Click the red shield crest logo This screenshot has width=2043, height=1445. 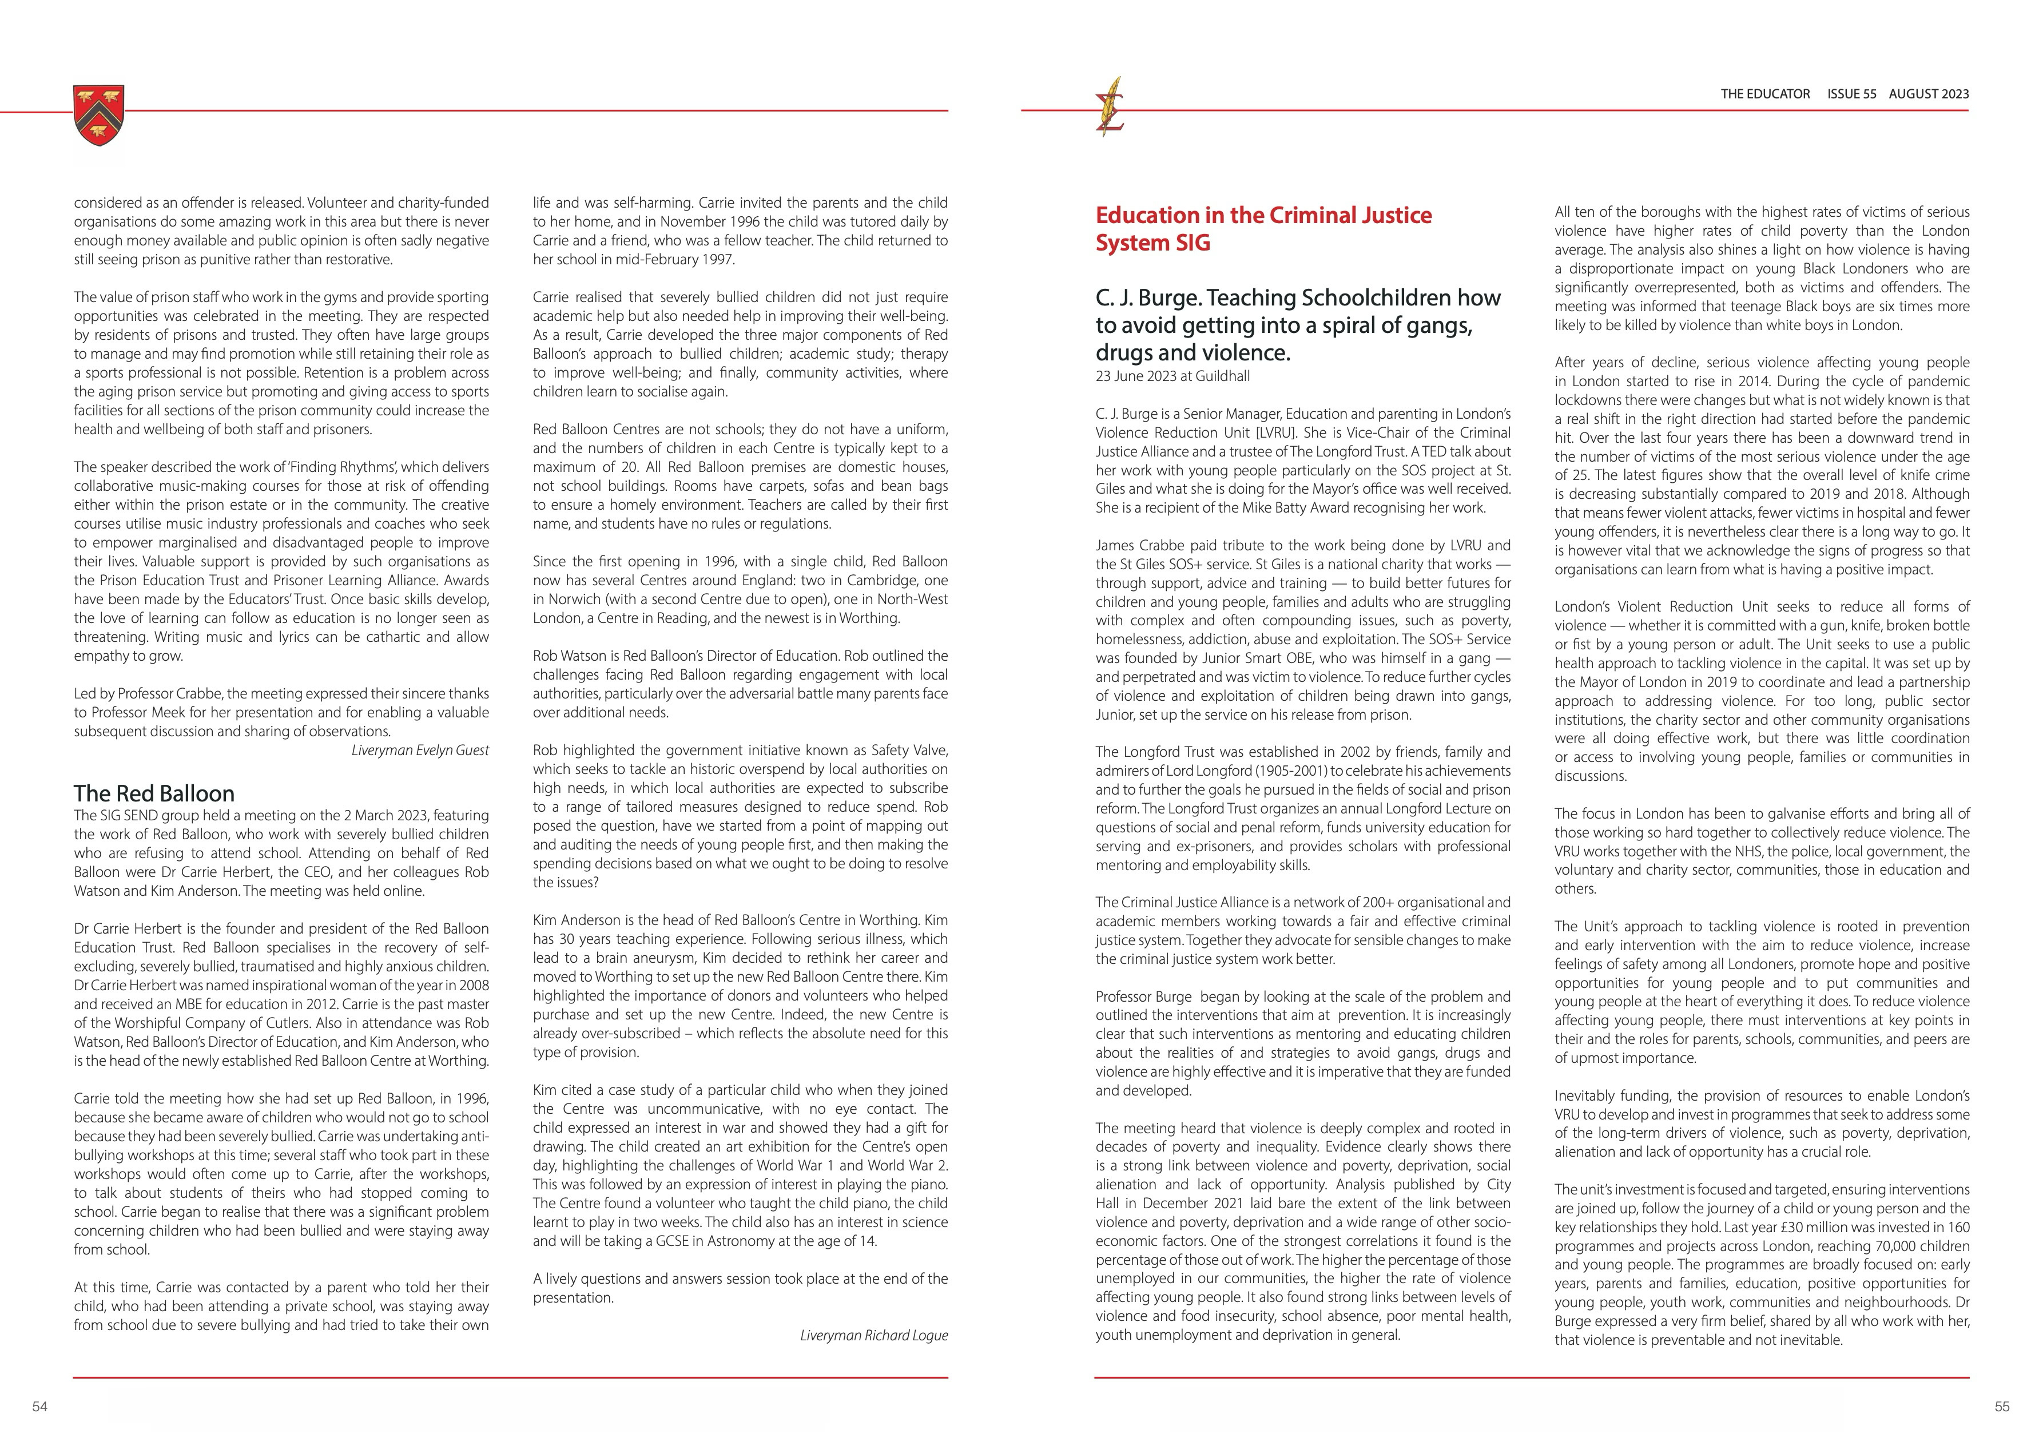[99, 115]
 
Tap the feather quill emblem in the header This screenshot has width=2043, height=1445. [1111, 107]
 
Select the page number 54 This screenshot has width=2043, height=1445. [40, 1407]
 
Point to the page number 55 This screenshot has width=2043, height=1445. [2002, 1407]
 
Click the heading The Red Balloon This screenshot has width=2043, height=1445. [154, 793]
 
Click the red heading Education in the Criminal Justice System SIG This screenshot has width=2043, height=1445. [1263, 229]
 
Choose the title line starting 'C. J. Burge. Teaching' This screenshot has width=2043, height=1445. [1297, 297]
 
